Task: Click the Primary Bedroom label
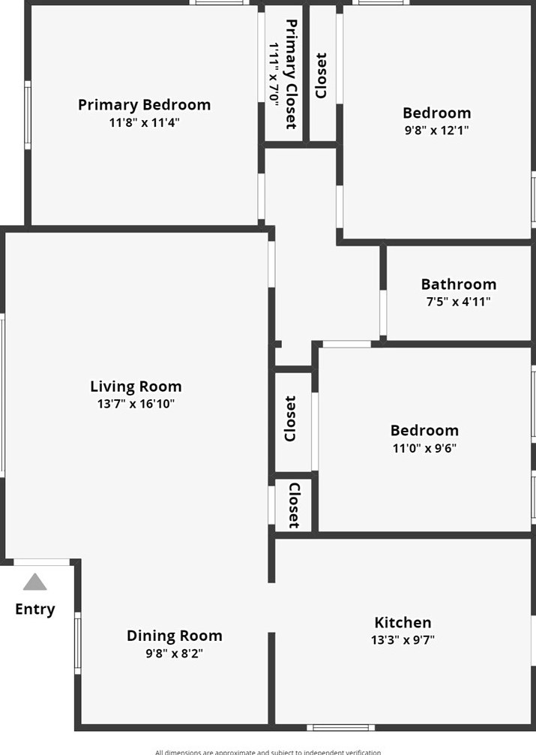point(144,105)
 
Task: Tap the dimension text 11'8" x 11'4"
point(144,122)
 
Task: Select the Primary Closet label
point(290,74)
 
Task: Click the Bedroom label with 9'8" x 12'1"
point(436,113)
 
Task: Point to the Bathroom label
point(458,284)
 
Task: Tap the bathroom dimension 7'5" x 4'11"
point(458,302)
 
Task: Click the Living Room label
point(136,387)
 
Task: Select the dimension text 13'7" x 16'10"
point(136,405)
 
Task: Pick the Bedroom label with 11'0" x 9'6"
point(424,431)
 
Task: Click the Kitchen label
point(403,623)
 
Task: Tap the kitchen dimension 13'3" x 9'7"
point(403,640)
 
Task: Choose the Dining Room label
point(174,636)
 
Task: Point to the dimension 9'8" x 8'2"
point(174,653)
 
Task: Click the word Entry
point(34,609)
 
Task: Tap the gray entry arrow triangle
point(34,582)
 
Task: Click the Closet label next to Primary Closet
point(321,75)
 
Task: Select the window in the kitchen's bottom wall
point(340,726)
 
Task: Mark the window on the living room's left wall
point(2,395)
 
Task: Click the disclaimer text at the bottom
point(268,751)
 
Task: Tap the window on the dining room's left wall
point(77,642)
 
